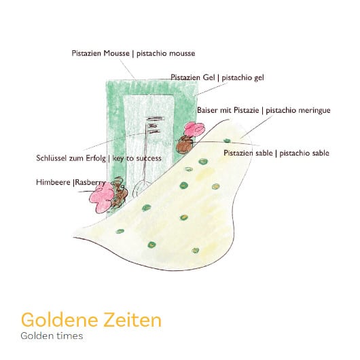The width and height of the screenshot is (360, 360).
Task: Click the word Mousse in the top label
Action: [x=116, y=53]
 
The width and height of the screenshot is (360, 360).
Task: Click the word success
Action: [x=149, y=158]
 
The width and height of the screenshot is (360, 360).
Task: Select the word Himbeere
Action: [x=53, y=182]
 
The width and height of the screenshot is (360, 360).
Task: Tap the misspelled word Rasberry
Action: [x=90, y=183]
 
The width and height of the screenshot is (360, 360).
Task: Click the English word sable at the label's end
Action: [x=320, y=153]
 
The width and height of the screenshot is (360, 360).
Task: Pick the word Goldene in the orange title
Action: [x=60, y=320]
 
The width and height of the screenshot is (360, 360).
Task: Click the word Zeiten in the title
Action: [x=132, y=320]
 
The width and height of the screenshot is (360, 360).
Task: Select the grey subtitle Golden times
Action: [x=52, y=336]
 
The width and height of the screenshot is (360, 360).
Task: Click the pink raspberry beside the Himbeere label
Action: [x=101, y=198]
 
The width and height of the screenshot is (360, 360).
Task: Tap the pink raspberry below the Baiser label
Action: [x=194, y=129]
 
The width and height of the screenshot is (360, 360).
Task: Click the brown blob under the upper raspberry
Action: [x=185, y=145]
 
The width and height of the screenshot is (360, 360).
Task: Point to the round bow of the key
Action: [x=141, y=188]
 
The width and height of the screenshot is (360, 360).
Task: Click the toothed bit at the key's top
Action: [x=154, y=125]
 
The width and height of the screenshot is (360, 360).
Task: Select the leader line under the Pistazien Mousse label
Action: [x=128, y=69]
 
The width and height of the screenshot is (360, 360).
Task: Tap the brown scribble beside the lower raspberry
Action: [x=120, y=192]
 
